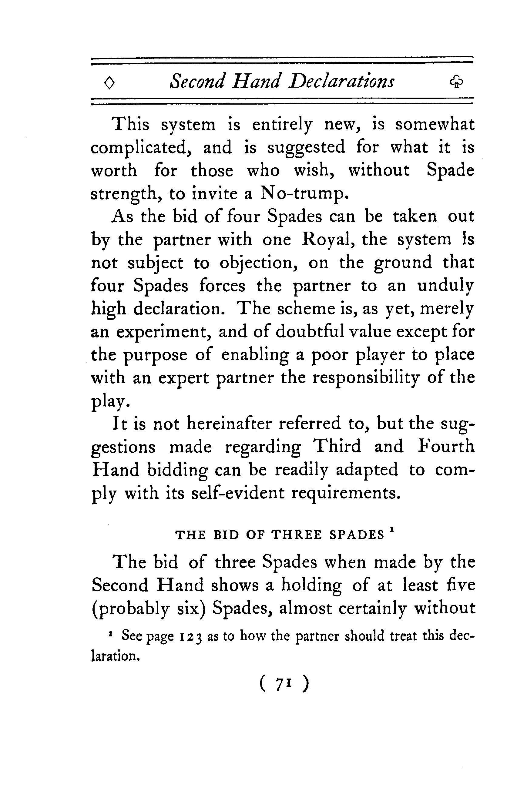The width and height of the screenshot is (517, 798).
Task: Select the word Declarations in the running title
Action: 342,81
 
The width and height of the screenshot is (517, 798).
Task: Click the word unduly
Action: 445,286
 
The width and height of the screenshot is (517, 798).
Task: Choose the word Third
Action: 337,447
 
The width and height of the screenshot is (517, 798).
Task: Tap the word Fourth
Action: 446,447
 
